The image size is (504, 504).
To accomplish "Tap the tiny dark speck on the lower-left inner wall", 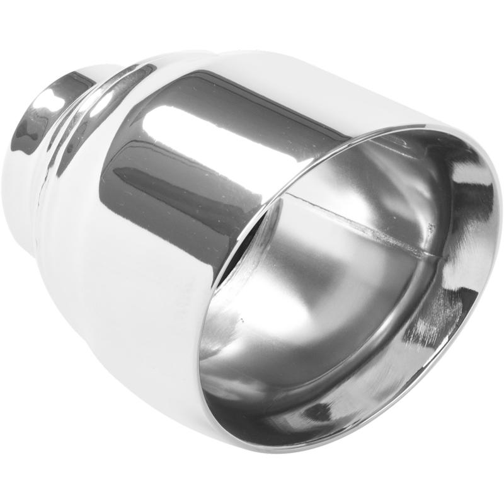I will coord(241,320).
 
